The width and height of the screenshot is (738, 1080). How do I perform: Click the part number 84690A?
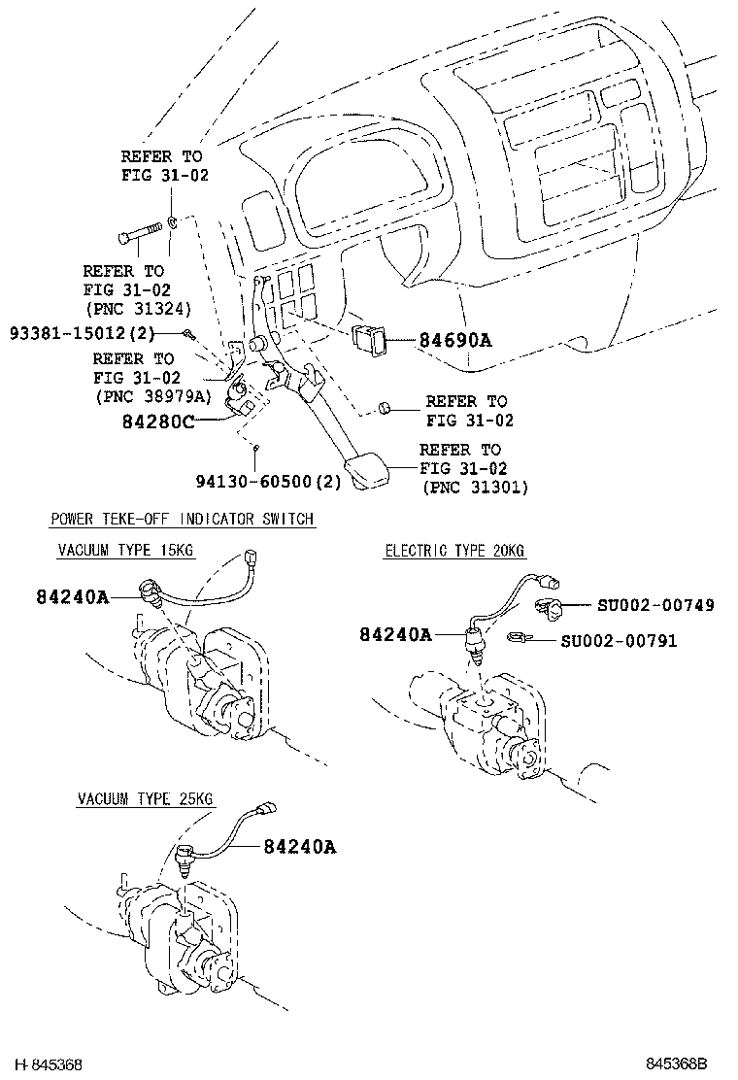(455, 341)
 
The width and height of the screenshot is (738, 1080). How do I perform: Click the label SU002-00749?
(654, 605)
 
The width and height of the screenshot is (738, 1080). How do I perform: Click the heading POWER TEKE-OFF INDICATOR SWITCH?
(183, 519)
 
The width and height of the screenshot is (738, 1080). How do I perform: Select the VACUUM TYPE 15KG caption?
(125, 551)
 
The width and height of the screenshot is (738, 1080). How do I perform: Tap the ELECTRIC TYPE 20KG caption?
(454, 551)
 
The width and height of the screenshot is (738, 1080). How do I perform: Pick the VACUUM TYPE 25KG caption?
(146, 799)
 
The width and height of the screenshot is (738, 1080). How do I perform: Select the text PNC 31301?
(476, 488)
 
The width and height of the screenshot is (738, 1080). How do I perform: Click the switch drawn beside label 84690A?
(369, 338)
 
